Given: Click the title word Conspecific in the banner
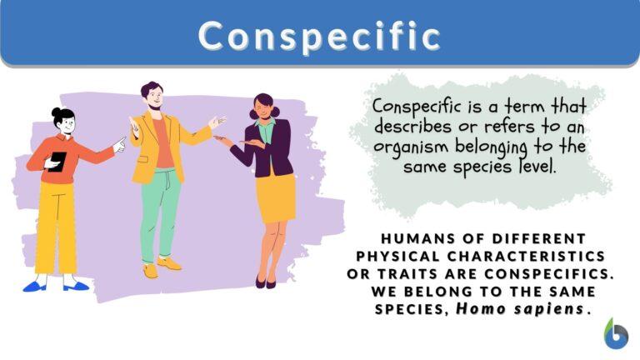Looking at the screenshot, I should tap(320, 36).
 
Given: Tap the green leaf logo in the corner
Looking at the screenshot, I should tap(616, 333).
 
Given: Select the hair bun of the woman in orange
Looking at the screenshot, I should tap(56, 112).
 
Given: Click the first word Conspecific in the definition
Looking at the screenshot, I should tap(414, 107).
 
